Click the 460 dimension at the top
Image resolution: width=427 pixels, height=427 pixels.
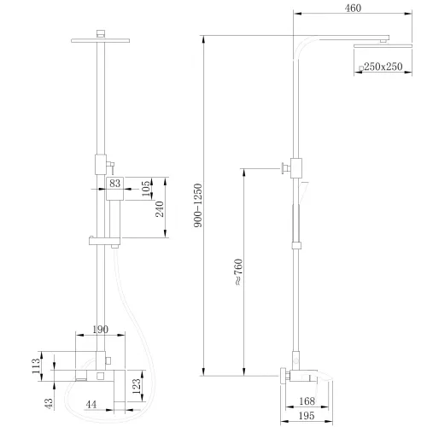351,9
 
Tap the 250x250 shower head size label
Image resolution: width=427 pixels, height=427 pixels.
382,67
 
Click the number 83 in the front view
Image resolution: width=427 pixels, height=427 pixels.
115,183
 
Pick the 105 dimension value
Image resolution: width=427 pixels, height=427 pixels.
145,185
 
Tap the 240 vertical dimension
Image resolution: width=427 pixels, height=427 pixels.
160,211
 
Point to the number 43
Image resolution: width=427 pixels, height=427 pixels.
48,401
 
